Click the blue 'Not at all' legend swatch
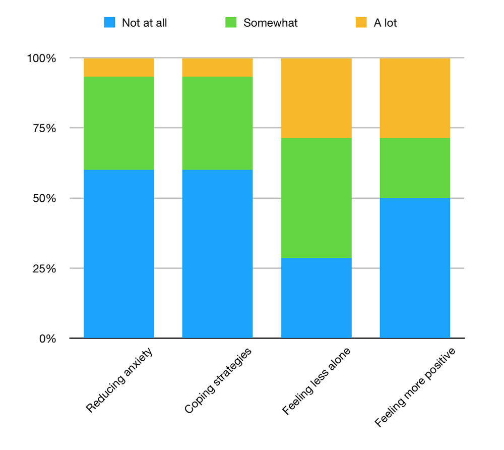point(109,23)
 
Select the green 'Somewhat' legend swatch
point(231,23)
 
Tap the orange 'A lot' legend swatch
point(361,23)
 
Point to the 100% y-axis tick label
point(41,58)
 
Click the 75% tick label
point(44,128)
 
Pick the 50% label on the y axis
point(44,198)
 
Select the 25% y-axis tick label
point(44,268)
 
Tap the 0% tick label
point(47,339)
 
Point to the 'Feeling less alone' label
point(316,380)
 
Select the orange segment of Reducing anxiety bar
point(119,67)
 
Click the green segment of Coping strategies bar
point(217,123)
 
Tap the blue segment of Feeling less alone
point(316,298)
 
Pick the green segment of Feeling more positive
point(415,168)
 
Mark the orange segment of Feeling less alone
point(316,98)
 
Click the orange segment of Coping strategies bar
point(217,67)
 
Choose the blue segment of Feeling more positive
point(415,268)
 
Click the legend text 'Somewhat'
point(271,23)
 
